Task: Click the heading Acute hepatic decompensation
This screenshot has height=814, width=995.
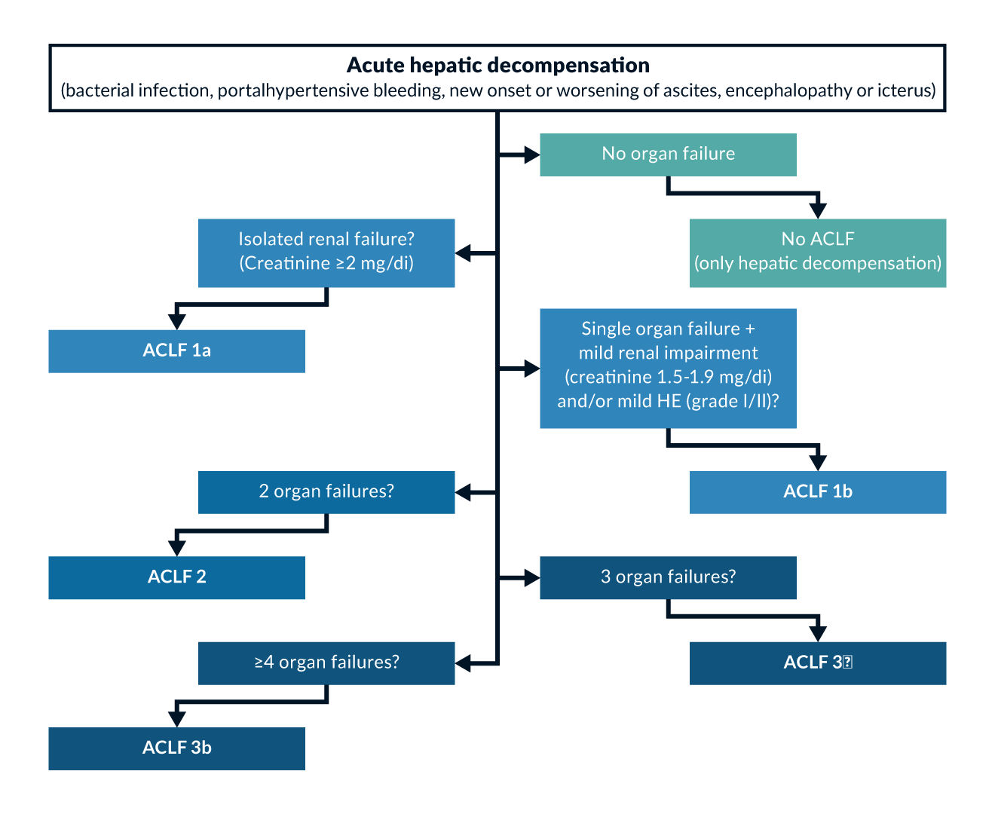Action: point(497,66)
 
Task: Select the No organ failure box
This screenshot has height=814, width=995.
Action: point(668,155)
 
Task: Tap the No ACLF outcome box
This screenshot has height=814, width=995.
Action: point(818,252)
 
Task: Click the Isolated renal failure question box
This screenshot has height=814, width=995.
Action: point(326,252)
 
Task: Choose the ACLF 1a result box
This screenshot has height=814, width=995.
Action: point(176,350)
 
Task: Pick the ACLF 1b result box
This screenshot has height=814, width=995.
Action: point(818,492)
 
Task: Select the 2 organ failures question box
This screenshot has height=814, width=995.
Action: point(326,492)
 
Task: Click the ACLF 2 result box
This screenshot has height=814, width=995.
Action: point(176,577)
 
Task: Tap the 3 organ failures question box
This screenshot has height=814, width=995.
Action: point(668,577)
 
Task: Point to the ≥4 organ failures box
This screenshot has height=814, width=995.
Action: point(326,663)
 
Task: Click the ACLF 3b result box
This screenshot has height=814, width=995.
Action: point(176,748)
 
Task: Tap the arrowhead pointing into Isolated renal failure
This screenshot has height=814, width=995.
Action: point(464,253)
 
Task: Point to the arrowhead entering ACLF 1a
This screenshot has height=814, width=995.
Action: point(176,321)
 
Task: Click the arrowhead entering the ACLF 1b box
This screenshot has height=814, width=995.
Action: point(818,463)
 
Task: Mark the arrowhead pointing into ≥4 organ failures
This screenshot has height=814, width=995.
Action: point(464,663)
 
